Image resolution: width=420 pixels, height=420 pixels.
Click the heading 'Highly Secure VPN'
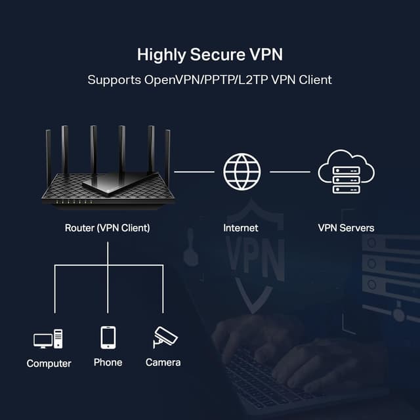coord(209,54)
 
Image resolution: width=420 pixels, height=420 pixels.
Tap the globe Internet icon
coord(241,171)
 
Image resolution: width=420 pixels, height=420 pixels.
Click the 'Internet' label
coord(241,228)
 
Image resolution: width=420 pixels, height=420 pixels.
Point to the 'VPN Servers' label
coord(346,228)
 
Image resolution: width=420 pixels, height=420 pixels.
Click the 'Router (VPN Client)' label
coord(107,228)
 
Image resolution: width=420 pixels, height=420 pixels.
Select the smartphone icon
coord(108,337)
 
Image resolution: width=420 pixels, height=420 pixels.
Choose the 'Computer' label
coord(49,363)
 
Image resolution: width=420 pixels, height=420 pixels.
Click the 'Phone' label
coord(108,362)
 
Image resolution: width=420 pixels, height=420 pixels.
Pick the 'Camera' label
coord(163,362)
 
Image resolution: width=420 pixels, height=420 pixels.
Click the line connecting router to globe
coord(194,171)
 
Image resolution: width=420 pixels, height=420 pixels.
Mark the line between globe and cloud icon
coord(289,171)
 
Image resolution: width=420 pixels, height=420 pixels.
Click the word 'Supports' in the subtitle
coord(110,80)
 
